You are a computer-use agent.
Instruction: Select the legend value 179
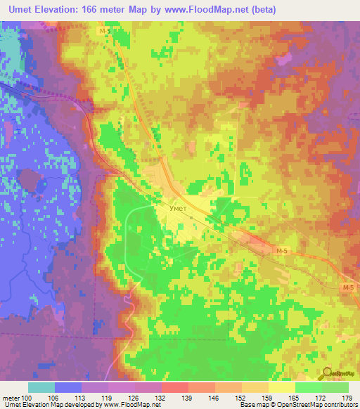[348, 397]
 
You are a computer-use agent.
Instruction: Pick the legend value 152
[227, 397]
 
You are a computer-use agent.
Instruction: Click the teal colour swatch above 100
[41, 387]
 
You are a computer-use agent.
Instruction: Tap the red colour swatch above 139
[174, 387]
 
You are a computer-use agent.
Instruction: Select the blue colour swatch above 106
[68, 387]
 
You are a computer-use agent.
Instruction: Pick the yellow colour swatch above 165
[281, 387]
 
